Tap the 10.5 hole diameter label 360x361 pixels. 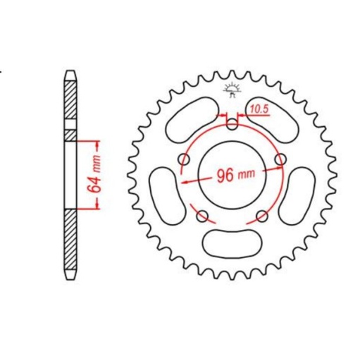click(258, 109)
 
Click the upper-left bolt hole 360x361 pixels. click(185, 159)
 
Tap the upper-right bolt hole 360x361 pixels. click(280, 159)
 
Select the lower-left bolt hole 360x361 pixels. click(203, 215)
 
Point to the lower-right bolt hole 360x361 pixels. click(261, 215)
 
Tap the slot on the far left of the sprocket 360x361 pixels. click(164, 190)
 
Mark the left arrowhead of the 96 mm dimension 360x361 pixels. click(185, 180)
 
